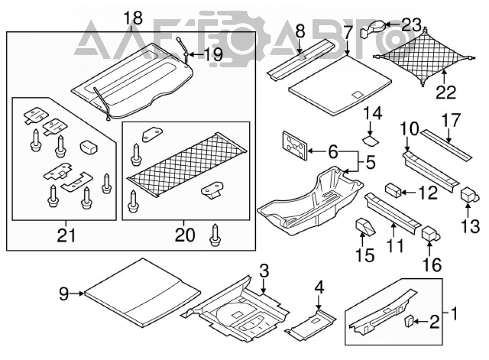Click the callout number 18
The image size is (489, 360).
coord(133,18)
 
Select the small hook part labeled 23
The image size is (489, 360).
coord(373,29)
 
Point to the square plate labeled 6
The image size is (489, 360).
coord(294,145)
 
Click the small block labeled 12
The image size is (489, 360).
coord(393,190)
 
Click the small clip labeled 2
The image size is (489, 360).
coord(409,321)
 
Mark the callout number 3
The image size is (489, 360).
coord(264,271)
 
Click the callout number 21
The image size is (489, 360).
coord(66,235)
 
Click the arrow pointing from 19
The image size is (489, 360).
coord(196,55)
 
